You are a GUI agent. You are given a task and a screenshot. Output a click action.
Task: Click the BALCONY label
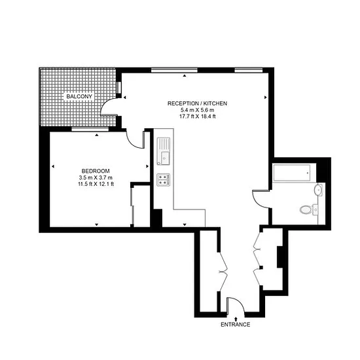coord(79,96)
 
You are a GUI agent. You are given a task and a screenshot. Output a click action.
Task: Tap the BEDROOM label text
coord(96,171)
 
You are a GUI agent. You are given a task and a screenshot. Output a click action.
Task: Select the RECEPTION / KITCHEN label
coord(197,103)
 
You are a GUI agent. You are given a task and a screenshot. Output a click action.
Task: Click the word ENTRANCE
coord(236,325)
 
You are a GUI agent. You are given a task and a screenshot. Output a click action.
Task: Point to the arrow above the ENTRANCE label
coord(236,319)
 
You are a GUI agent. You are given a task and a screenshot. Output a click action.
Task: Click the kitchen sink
coord(164,151)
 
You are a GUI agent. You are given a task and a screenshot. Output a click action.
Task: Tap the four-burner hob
coord(164,180)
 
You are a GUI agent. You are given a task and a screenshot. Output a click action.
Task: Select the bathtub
coord(292,173)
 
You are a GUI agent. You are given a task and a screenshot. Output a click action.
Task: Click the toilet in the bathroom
coord(306,209)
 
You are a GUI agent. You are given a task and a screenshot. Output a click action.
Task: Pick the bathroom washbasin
coord(318,190)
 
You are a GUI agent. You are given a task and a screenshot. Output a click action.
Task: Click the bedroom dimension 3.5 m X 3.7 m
coord(96,177)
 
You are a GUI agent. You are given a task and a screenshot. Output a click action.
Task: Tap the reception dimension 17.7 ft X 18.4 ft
coord(198,117)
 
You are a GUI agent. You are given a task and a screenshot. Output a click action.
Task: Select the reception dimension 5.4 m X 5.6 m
coord(198,110)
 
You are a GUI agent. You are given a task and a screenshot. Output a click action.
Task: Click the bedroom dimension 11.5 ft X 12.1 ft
coord(96,184)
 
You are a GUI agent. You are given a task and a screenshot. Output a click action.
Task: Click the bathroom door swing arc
coord(257,202)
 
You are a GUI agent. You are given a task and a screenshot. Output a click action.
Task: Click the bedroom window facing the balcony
coord(90,129)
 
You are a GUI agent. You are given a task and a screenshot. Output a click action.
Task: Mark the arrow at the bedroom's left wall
coord(53,166)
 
